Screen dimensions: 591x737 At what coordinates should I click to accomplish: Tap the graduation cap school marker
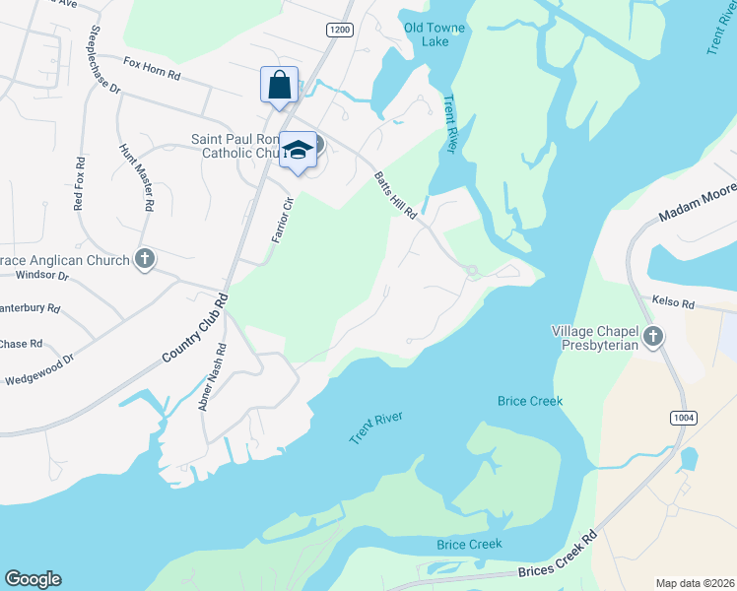pyautogui.click(x=298, y=149)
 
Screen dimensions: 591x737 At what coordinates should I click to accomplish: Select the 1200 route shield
pyautogui.click(x=339, y=31)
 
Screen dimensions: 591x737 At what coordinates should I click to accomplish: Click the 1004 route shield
pyautogui.click(x=683, y=419)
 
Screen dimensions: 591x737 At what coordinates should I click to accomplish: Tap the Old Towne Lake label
pyautogui.click(x=427, y=34)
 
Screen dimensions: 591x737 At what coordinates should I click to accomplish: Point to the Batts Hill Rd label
pyautogui.click(x=396, y=195)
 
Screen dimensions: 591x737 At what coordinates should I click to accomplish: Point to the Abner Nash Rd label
pyautogui.click(x=215, y=375)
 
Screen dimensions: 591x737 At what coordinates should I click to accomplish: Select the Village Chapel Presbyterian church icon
pyautogui.click(x=652, y=339)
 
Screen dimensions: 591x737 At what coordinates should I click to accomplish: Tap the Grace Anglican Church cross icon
pyautogui.click(x=145, y=260)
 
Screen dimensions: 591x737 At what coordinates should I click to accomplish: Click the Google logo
pyautogui.click(x=33, y=579)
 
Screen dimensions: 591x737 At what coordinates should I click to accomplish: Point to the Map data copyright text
pyautogui.click(x=695, y=583)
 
